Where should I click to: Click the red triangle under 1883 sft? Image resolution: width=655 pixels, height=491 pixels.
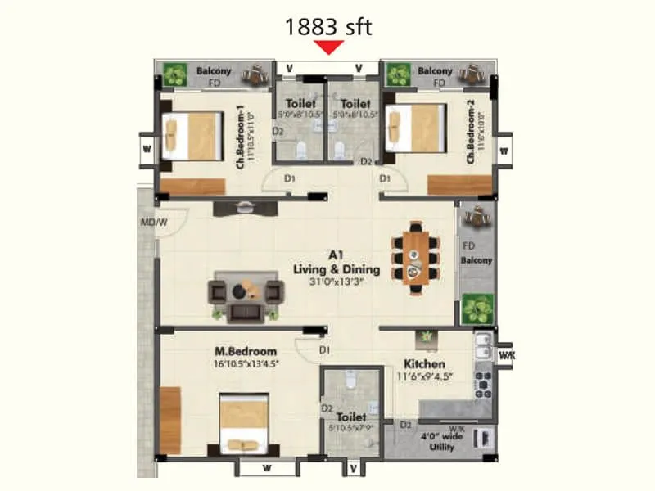point(329,47)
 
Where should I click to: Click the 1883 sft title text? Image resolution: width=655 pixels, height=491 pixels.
point(328,26)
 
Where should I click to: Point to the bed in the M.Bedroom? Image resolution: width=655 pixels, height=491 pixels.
point(244,424)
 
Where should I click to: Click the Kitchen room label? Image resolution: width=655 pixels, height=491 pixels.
point(424,363)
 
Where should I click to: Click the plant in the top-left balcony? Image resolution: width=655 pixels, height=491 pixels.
point(174,75)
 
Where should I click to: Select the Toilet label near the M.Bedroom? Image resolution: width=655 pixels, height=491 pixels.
point(350,417)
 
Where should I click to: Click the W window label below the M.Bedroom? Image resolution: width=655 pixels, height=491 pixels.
point(268,469)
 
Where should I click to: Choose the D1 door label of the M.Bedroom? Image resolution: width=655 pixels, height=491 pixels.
point(325,350)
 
